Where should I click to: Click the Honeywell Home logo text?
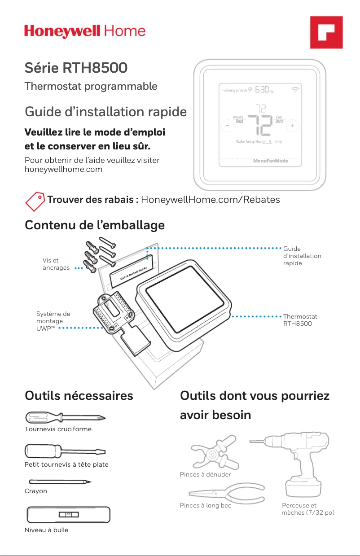point(85,31)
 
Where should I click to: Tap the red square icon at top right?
point(326,32)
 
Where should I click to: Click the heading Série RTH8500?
point(76,68)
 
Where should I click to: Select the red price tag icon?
point(35,200)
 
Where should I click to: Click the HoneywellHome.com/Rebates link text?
point(210,200)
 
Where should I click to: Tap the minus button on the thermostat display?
point(227,126)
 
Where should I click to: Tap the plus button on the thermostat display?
point(292,126)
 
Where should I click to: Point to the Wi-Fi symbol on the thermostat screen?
point(295,89)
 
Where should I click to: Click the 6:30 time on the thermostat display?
point(263,90)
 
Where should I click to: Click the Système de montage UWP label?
point(53,321)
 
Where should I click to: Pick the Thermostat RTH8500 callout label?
point(300,320)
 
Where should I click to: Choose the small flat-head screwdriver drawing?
point(65,451)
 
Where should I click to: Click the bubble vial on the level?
point(69,514)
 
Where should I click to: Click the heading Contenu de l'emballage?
point(95,225)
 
